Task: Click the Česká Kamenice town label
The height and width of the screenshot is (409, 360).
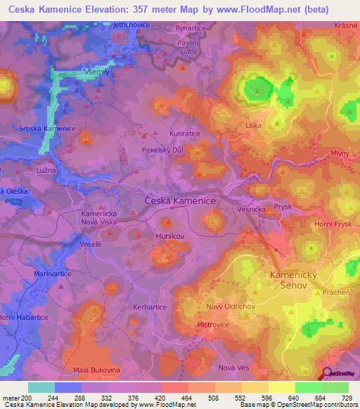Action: (180, 200)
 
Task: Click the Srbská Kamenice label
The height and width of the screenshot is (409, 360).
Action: (48, 129)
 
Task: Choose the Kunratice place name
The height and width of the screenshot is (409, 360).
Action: (185, 133)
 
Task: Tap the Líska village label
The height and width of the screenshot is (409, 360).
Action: (254, 126)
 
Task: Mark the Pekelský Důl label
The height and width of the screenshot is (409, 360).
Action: (163, 151)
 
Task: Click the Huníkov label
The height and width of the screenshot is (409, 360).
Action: (170, 237)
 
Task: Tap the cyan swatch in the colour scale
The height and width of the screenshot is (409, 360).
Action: (41, 387)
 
